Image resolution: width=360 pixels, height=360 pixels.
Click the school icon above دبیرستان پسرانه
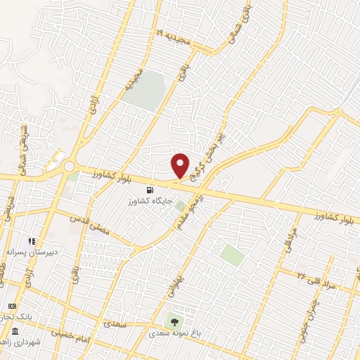(32, 241)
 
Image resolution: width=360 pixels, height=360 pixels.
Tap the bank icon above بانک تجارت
(12, 307)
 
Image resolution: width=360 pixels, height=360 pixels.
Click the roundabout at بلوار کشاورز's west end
(70, 166)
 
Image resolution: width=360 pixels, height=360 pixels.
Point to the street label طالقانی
(4, 275)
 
